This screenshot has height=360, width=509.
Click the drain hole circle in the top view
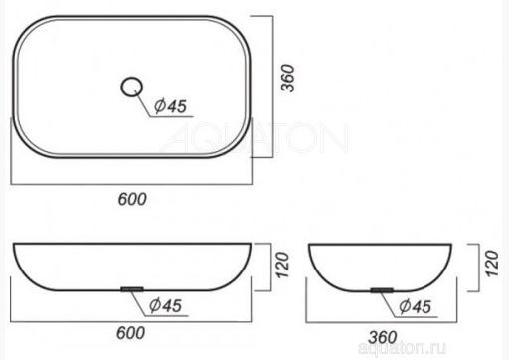point(131,79)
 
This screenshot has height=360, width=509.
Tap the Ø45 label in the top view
point(170,106)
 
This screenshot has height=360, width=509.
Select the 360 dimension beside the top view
point(287,79)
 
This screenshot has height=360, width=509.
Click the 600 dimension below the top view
point(132,199)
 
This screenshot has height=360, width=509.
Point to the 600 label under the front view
point(130,333)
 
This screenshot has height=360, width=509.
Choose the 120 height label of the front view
point(282,266)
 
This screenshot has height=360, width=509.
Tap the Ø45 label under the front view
point(165,305)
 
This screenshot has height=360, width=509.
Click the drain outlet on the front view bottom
point(132,289)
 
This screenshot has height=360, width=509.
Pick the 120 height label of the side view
point(492,264)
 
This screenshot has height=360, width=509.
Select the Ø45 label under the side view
point(416,306)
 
